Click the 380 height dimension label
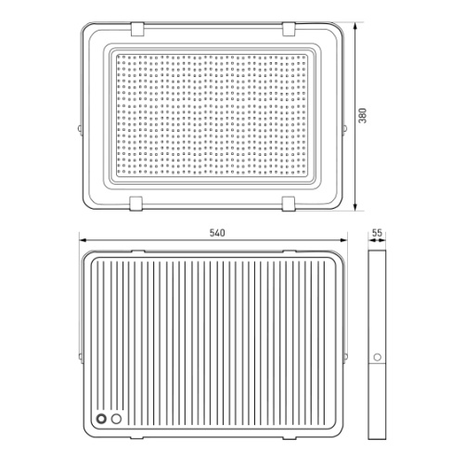(x=362, y=116)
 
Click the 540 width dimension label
(x=217, y=233)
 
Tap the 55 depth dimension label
(x=377, y=233)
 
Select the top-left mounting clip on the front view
(x=137, y=29)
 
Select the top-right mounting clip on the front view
(x=289, y=29)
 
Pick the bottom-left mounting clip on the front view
(x=136, y=203)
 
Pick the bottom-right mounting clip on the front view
(x=289, y=204)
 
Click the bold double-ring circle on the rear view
(x=101, y=419)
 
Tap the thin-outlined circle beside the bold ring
(x=116, y=419)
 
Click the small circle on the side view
(x=378, y=357)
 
